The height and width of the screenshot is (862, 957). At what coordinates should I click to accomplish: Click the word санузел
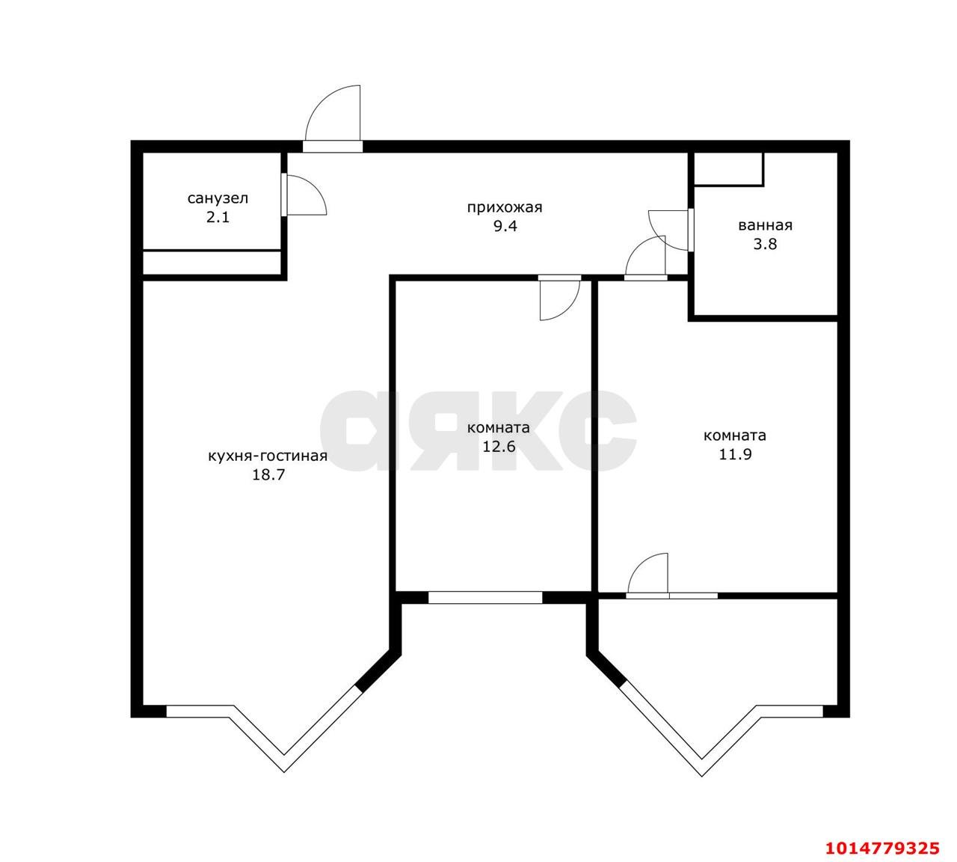(218, 198)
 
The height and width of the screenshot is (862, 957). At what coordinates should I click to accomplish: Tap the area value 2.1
(218, 218)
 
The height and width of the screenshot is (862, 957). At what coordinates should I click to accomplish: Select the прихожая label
(504, 207)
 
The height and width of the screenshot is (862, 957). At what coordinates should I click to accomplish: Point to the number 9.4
(504, 226)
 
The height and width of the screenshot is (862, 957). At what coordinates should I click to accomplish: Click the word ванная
(765, 224)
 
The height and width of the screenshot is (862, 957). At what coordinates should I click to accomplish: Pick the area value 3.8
(765, 244)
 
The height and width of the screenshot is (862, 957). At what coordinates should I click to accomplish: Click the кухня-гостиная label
(268, 455)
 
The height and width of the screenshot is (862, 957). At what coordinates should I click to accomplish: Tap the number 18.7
(268, 474)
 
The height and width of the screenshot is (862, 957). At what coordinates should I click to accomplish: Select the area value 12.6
(499, 447)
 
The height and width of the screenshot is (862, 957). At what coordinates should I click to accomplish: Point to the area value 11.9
(735, 454)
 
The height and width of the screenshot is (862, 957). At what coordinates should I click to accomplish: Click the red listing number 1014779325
(881, 848)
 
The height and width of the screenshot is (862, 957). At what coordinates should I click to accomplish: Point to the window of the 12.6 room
(484, 597)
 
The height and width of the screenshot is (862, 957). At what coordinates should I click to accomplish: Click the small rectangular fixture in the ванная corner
(728, 169)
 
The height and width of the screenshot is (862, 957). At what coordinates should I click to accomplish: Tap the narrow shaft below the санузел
(212, 263)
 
